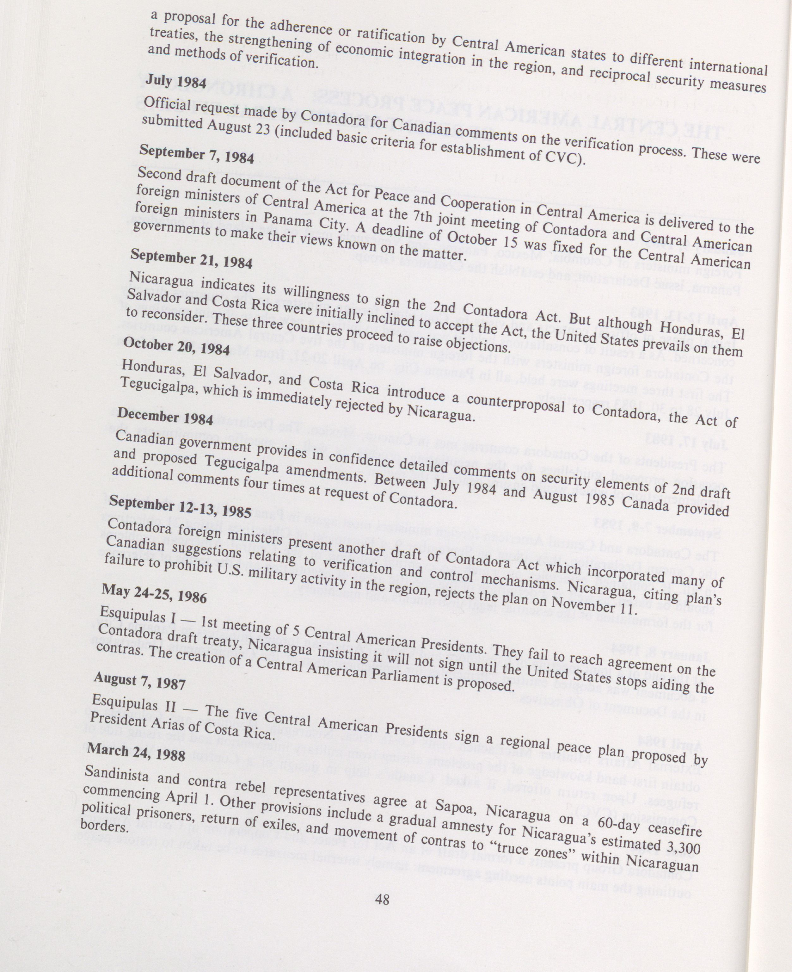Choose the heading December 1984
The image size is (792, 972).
coord(165,416)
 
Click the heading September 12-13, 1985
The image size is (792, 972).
coord(180,506)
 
